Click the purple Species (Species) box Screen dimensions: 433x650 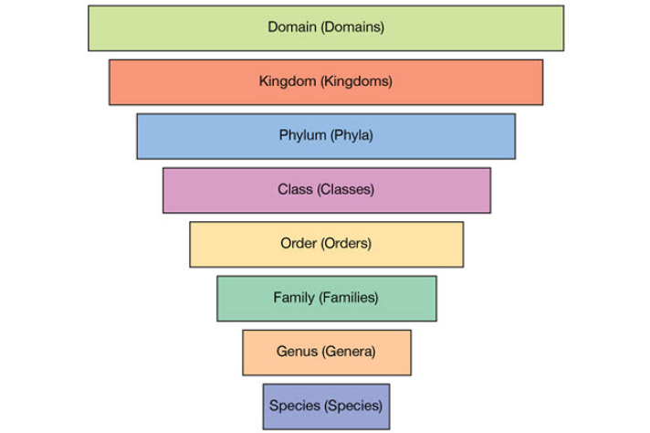click(325, 406)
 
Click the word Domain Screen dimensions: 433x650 click(291, 27)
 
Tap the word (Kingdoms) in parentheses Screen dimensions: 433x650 click(356, 81)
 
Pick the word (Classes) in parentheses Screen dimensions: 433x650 click(346, 190)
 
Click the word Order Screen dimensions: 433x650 click(299, 244)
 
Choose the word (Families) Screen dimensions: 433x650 click(349, 298)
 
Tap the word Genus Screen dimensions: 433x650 click(296, 352)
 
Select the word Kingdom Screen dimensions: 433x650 click(287, 81)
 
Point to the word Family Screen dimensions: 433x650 click(294, 298)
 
